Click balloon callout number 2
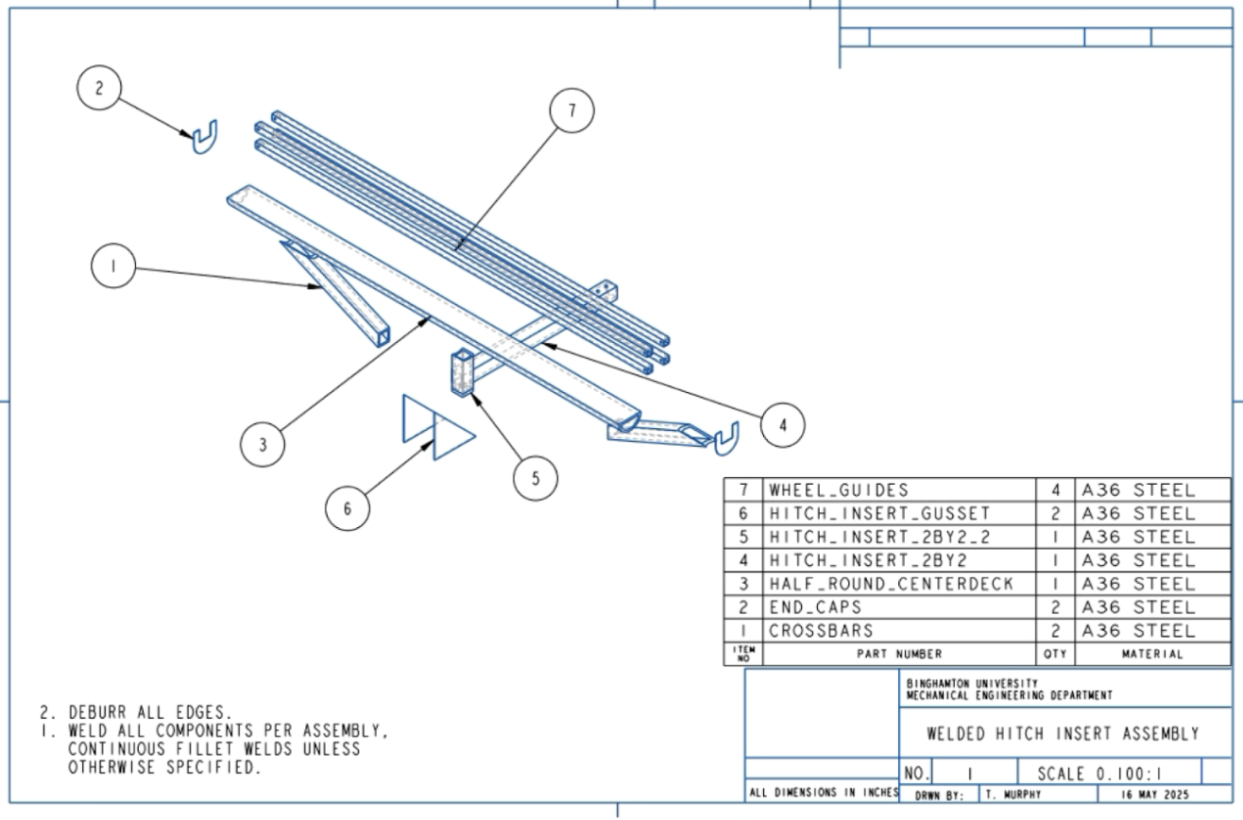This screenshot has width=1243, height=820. (99, 88)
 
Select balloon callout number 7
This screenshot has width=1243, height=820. (571, 111)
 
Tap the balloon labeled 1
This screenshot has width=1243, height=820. (113, 265)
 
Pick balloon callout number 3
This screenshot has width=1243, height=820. (263, 444)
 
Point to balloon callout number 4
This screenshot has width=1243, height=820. (782, 425)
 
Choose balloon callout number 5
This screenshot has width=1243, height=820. (536, 478)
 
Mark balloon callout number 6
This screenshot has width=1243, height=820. (348, 508)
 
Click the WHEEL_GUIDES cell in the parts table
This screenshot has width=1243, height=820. (839, 490)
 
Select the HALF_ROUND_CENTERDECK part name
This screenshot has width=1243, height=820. (892, 584)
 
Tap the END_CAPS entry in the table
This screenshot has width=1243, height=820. (815, 607)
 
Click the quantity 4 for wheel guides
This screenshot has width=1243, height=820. (1055, 490)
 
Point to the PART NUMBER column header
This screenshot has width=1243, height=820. (899, 654)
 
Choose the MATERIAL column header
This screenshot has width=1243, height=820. (1152, 654)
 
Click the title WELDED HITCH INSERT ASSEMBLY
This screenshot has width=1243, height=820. (1064, 734)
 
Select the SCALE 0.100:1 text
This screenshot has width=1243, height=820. (1099, 774)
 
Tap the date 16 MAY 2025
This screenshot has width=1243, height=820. (1155, 795)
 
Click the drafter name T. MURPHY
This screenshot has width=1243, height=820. (1013, 795)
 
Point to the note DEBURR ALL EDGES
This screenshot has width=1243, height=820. (136, 712)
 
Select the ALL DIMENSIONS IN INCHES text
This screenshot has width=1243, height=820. (824, 793)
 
